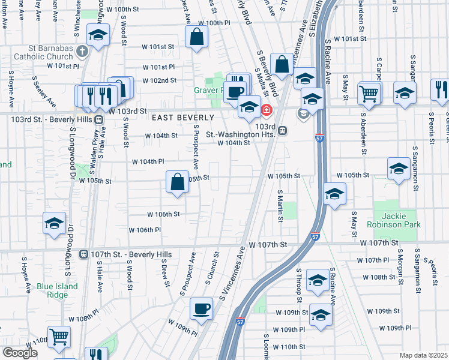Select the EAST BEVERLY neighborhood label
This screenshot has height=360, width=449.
[182, 118]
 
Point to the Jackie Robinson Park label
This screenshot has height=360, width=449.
[396, 220]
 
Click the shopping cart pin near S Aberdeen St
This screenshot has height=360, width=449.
[369, 93]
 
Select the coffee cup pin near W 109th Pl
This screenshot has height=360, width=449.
[202, 308]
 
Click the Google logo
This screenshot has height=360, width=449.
[20, 353]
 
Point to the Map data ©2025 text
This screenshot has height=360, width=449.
[423, 355]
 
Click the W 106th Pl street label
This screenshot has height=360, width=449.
[145, 230]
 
